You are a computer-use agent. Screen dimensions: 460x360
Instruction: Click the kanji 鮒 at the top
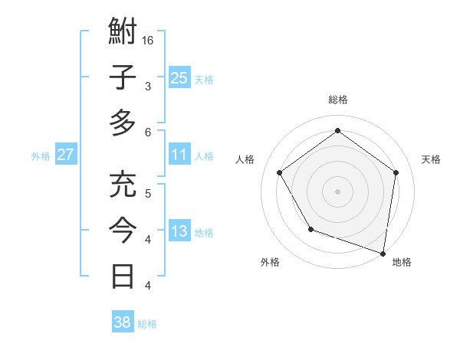pos(123,33)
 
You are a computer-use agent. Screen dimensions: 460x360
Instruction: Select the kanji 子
pos(123,77)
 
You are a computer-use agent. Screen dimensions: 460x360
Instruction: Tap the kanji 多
pos(123,123)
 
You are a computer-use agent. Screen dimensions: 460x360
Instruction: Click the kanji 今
pos(123,231)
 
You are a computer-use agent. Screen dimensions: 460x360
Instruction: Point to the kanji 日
pos(123,276)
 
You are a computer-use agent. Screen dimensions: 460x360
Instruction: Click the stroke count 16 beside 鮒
pos(149,40)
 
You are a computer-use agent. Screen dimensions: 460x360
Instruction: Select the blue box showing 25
pos(179,77)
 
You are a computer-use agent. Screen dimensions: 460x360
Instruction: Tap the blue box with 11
pos(179,155)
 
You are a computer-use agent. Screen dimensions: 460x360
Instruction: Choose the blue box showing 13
pos(179,232)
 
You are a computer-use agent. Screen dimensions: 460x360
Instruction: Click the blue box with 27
pos(66,155)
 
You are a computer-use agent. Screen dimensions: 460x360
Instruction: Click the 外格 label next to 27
pos(41,156)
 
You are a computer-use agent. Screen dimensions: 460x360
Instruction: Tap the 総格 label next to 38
pos(148,324)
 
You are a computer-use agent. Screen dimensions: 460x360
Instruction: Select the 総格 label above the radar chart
pos(338,100)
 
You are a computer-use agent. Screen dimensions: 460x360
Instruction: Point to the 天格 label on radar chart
pos(432,159)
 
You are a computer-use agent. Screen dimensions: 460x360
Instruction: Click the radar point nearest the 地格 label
pos(383,253)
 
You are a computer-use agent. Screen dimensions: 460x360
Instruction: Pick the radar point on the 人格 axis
pos(280,172)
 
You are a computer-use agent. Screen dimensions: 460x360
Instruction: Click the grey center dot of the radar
pos(338,191)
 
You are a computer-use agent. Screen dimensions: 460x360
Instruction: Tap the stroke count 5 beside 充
pos(148,193)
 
